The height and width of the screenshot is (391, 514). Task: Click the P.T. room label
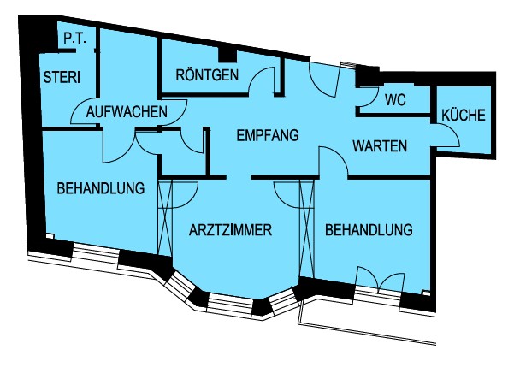point(74,39)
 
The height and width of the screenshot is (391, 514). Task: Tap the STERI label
point(62,77)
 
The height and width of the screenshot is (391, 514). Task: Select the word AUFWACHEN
point(127,112)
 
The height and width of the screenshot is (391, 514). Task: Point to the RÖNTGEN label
point(207,74)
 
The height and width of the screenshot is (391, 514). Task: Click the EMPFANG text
point(268,135)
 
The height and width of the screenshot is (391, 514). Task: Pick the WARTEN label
point(380,145)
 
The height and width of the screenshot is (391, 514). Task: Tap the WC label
point(396,100)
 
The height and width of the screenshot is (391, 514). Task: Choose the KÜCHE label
point(464,116)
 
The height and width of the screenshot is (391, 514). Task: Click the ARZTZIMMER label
point(230,230)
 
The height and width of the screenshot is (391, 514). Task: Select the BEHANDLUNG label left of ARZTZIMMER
point(101,188)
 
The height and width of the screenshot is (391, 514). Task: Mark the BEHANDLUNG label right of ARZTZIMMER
point(369,230)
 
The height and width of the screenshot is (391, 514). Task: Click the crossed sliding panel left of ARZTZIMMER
point(165,217)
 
